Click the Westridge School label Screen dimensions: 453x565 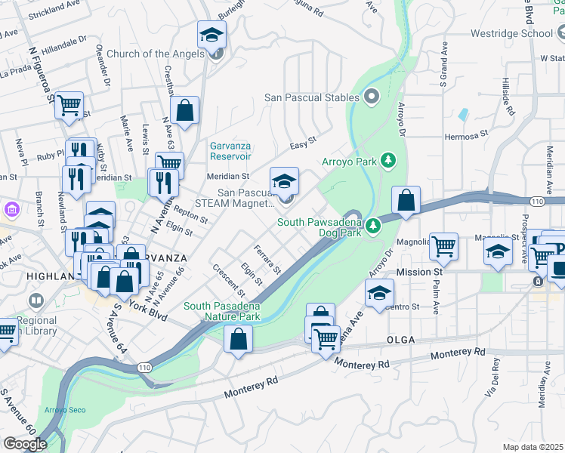[x=511, y=33]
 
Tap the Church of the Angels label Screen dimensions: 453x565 [x=155, y=54]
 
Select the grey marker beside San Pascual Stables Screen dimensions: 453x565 [x=371, y=97]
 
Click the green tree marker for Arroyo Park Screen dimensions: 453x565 [x=388, y=160]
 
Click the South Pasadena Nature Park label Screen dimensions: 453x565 [x=223, y=311]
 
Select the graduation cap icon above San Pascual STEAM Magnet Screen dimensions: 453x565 [x=285, y=181]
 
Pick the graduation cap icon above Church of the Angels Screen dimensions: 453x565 [x=212, y=34]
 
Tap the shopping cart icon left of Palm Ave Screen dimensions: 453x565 [x=443, y=245]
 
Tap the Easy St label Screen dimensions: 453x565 [x=303, y=140]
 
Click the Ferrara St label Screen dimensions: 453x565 [x=267, y=259]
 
